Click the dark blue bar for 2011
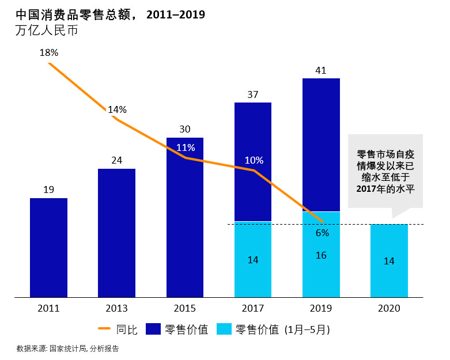click(x=48, y=248)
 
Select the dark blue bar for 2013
click(x=116, y=233)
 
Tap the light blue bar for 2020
click(x=389, y=260)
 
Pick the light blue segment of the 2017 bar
click(x=253, y=259)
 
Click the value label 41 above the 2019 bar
click(x=321, y=71)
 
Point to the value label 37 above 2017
click(x=253, y=94)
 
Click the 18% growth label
click(x=49, y=52)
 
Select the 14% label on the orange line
click(x=117, y=109)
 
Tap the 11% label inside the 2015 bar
click(x=186, y=147)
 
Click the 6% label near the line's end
click(x=322, y=233)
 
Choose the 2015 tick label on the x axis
click(x=185, y=308)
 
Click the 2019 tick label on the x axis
click(x=321, y=308)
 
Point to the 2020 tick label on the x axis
click(x=389, y=308)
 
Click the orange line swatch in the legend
click(x=105, y=329)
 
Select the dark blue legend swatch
click(x=152, y=329)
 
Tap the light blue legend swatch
click(x=224, y=329)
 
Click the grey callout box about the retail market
click(x=385, y=171)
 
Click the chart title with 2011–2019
click(x=110, y=14)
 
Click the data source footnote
click(x=67, y=348)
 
